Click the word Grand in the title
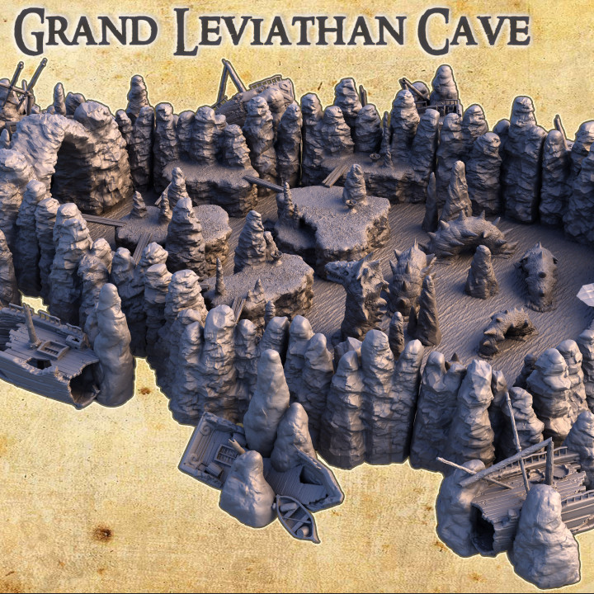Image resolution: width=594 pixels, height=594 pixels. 86,31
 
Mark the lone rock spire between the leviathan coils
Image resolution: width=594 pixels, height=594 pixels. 482,272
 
